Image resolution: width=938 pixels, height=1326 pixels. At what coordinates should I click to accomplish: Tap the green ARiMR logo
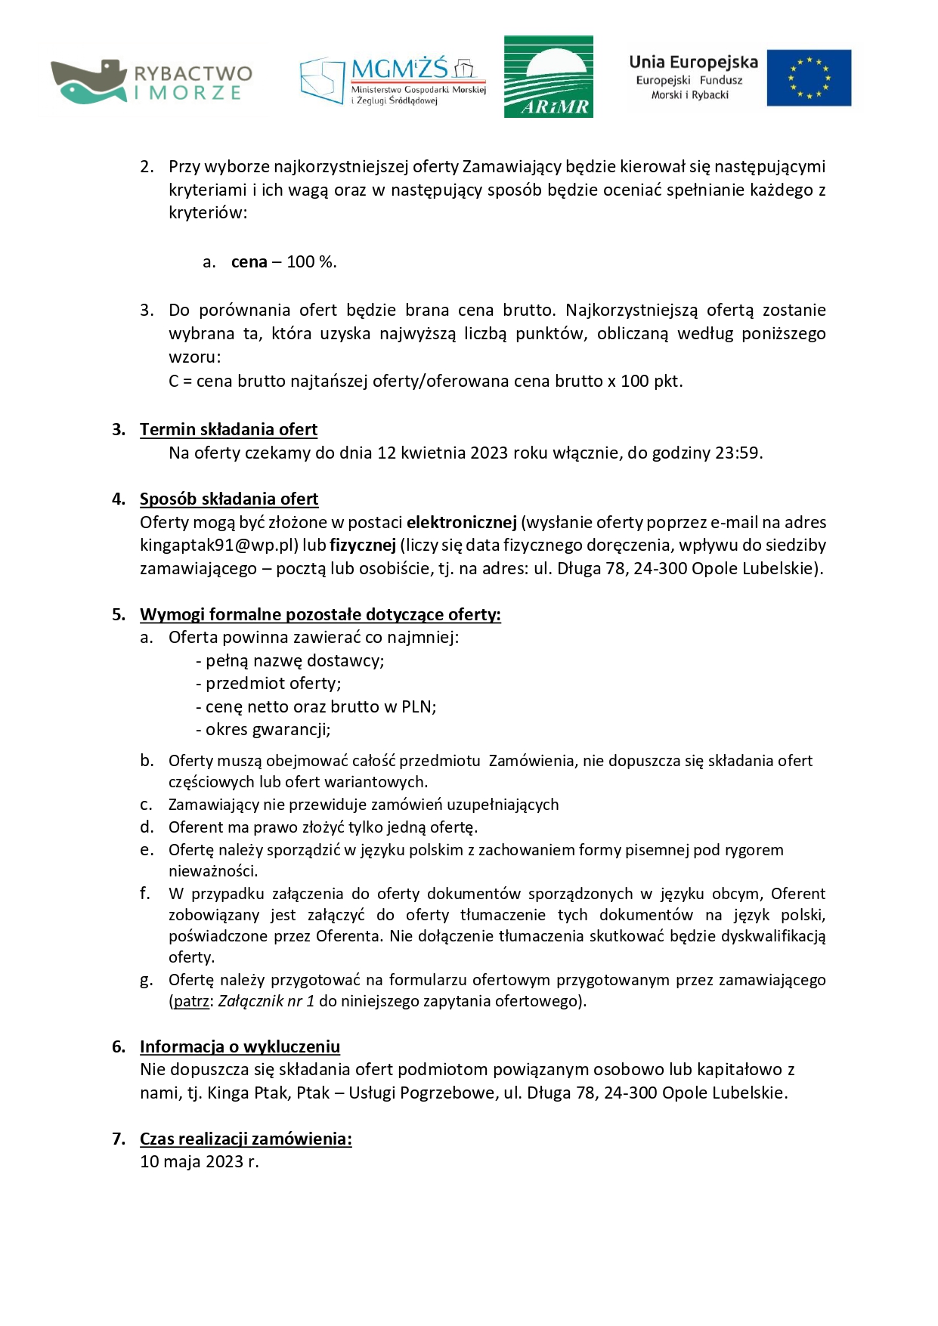tap(548, 76)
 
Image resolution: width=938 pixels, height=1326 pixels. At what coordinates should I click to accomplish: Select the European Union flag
tap(809, 78)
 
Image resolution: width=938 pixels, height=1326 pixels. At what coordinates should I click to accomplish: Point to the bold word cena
tap(249, 262)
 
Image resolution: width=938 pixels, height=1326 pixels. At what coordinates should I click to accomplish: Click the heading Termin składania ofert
tap(228, 429)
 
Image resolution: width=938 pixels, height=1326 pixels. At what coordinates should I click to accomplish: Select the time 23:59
tap(738, 453)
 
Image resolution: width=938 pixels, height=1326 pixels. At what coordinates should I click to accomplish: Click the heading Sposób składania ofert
tap(229, 499)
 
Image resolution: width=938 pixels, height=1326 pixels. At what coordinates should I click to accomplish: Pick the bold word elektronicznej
tap(461, 522)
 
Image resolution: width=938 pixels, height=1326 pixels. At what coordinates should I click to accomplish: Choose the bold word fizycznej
tap(363, 545)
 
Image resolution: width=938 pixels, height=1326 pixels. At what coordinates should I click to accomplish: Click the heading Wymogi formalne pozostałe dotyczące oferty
tap(320, 614)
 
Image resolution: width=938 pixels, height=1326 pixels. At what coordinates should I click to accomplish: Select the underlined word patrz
tap(191, 1001)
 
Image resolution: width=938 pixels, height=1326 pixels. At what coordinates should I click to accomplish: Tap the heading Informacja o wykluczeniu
tap(240, 1046)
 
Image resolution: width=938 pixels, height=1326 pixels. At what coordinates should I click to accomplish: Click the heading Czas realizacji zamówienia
tap(246, 1139)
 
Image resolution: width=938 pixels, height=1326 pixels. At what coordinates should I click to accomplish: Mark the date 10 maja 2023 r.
tap(199, 1161)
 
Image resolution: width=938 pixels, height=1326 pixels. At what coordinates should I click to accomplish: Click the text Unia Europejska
tap(693, 62)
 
